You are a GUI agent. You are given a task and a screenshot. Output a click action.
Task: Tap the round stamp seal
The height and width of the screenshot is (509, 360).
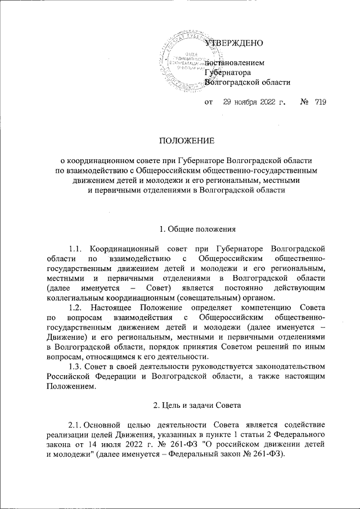tap(181, 59)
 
